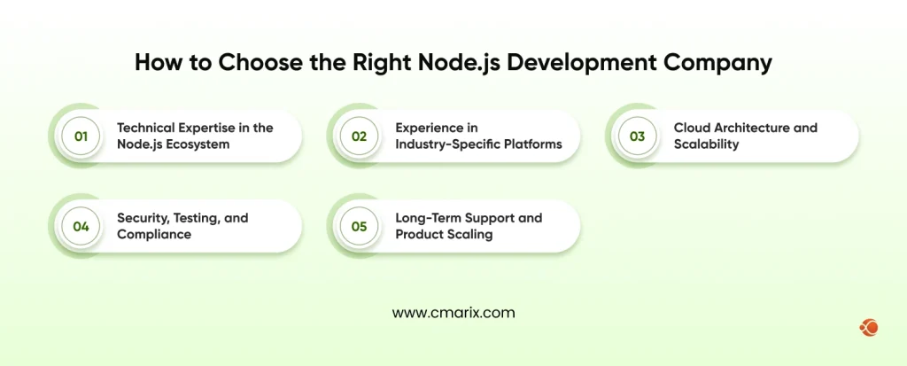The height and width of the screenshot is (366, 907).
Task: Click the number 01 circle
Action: [81, 136]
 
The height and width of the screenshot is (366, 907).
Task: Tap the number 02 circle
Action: [359, 136]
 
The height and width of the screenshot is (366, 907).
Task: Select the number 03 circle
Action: [637, 136]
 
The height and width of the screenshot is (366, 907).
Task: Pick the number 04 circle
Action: [81, 226]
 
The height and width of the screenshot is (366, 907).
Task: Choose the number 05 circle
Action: [359, 226]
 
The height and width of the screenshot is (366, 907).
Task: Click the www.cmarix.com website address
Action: [453, 313]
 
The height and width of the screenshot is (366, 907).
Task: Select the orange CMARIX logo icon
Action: [868, 328]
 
